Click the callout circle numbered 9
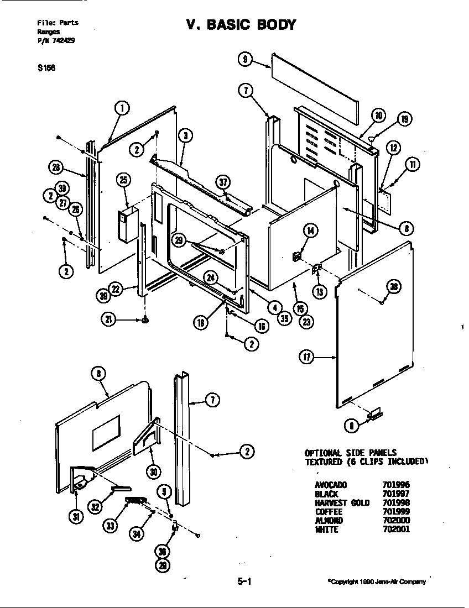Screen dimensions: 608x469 pyautogui.click(x=245, y=59)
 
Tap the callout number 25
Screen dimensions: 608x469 pyautogui.click(x=123, y=180)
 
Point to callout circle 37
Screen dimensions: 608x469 pyautogui.click(x=223, y=182)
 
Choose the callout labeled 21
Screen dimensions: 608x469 pyautogui.click(x=108, y=319)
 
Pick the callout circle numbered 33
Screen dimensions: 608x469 pyautogui.click(x=111, y=526)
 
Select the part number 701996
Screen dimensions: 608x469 pyautogui.click(x=396, y=484)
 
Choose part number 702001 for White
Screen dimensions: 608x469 pyautogui.click(x=396, y=530)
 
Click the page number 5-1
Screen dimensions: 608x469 pyautogui.click(x=244, y=581)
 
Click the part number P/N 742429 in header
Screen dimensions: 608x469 pyautogui.click(x=56, y=40)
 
